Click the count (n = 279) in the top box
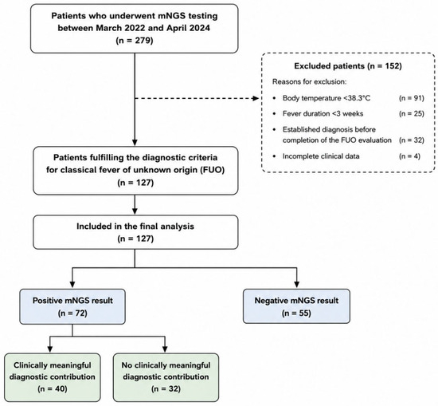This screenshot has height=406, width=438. pyautogui.click(x=135, y=41)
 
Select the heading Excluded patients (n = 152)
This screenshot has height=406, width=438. pyautogui.click(x=348, y=66)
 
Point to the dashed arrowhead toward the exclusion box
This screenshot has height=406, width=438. pyautogui.click(x=256, y=98)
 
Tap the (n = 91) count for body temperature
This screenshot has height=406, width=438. pyautogui.click(x=412, y=98)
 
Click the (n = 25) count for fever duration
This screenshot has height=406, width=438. pyautogui.click(x=412, y=113)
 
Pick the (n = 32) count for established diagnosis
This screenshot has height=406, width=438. pyautogui.click(x=412, y=140)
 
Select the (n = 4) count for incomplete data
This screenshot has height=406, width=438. pyautogui.click(x=409, y=156)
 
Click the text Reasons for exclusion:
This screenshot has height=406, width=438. pyautogui.click(x=309, y=81)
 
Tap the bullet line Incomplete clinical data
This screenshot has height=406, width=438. pyautogui.click(x=321, y=156)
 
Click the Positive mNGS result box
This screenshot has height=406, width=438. pyautogui.click(x=72, y=306)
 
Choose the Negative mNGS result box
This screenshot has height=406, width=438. pyautogui.click(x=296, y=306)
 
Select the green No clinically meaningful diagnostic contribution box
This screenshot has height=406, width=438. pyautogui.click(x=166, y=377)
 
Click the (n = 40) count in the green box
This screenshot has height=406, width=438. pyautogui.click(x=53, y=389)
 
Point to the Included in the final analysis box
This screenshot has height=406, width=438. pyautogui.click(x=135, y=232)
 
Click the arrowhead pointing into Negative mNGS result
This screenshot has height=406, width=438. pyautogui.click(x=296, y=284)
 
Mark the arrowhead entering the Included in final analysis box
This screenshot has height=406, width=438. pyautogui.click(x=135, y=211)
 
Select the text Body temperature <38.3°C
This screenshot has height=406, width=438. pyautogui.click(x=327, y=98)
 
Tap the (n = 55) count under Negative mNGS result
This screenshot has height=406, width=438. pyautogui.click(x=296, y=313)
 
